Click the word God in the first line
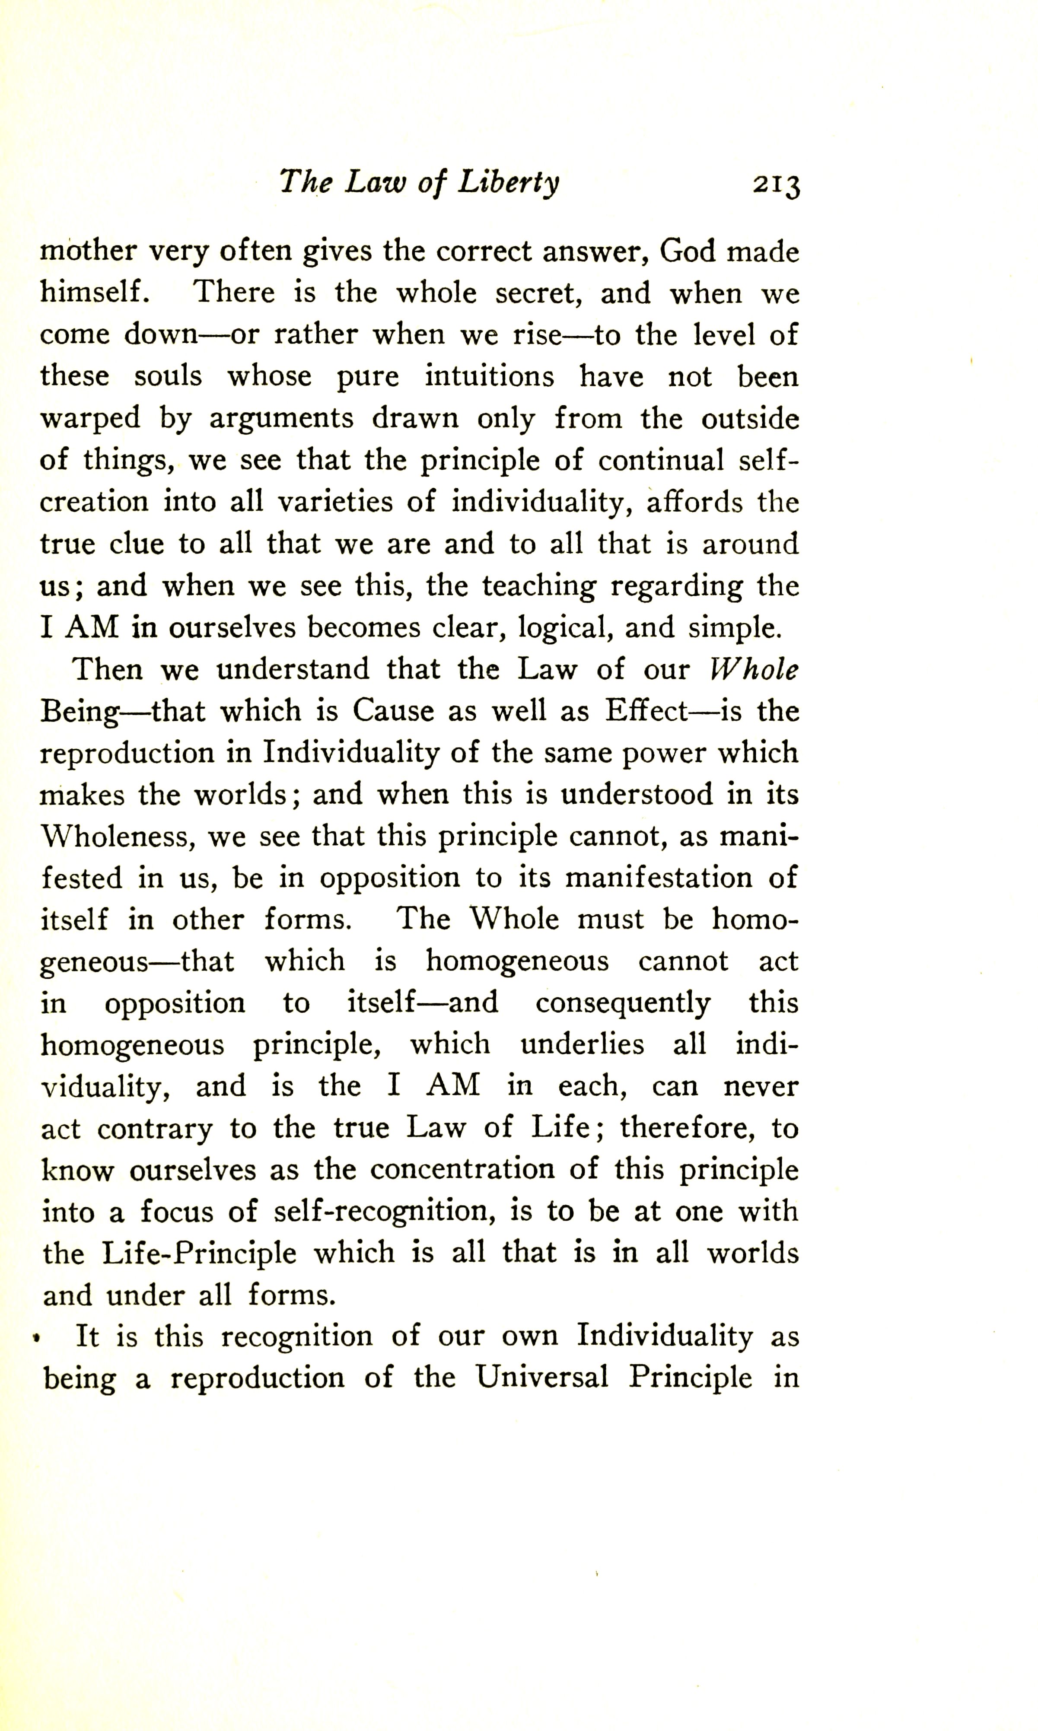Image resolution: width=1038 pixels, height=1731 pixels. [688, 252]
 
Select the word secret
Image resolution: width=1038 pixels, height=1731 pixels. [538, 293]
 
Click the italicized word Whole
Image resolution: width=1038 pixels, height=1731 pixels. [753, 670]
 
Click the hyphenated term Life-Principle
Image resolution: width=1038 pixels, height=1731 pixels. [199, 1254]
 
